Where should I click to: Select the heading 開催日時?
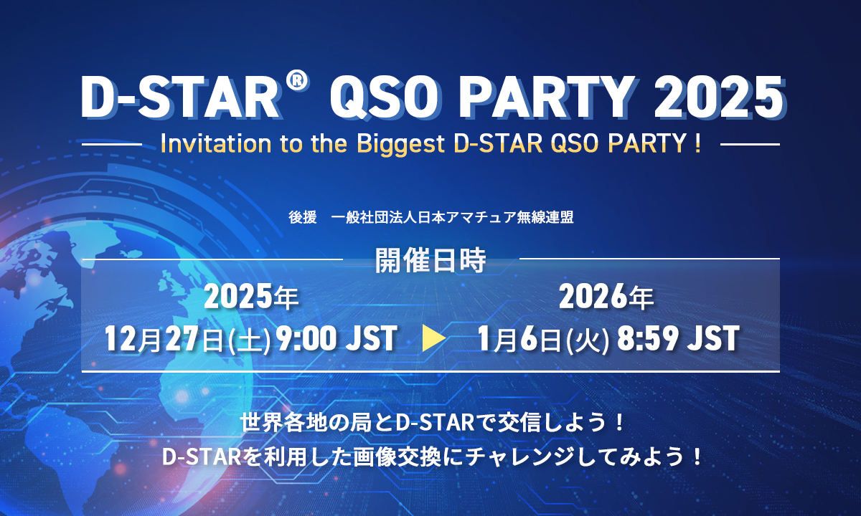[x=430, y=262]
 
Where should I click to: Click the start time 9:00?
[x=305, y=338]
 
